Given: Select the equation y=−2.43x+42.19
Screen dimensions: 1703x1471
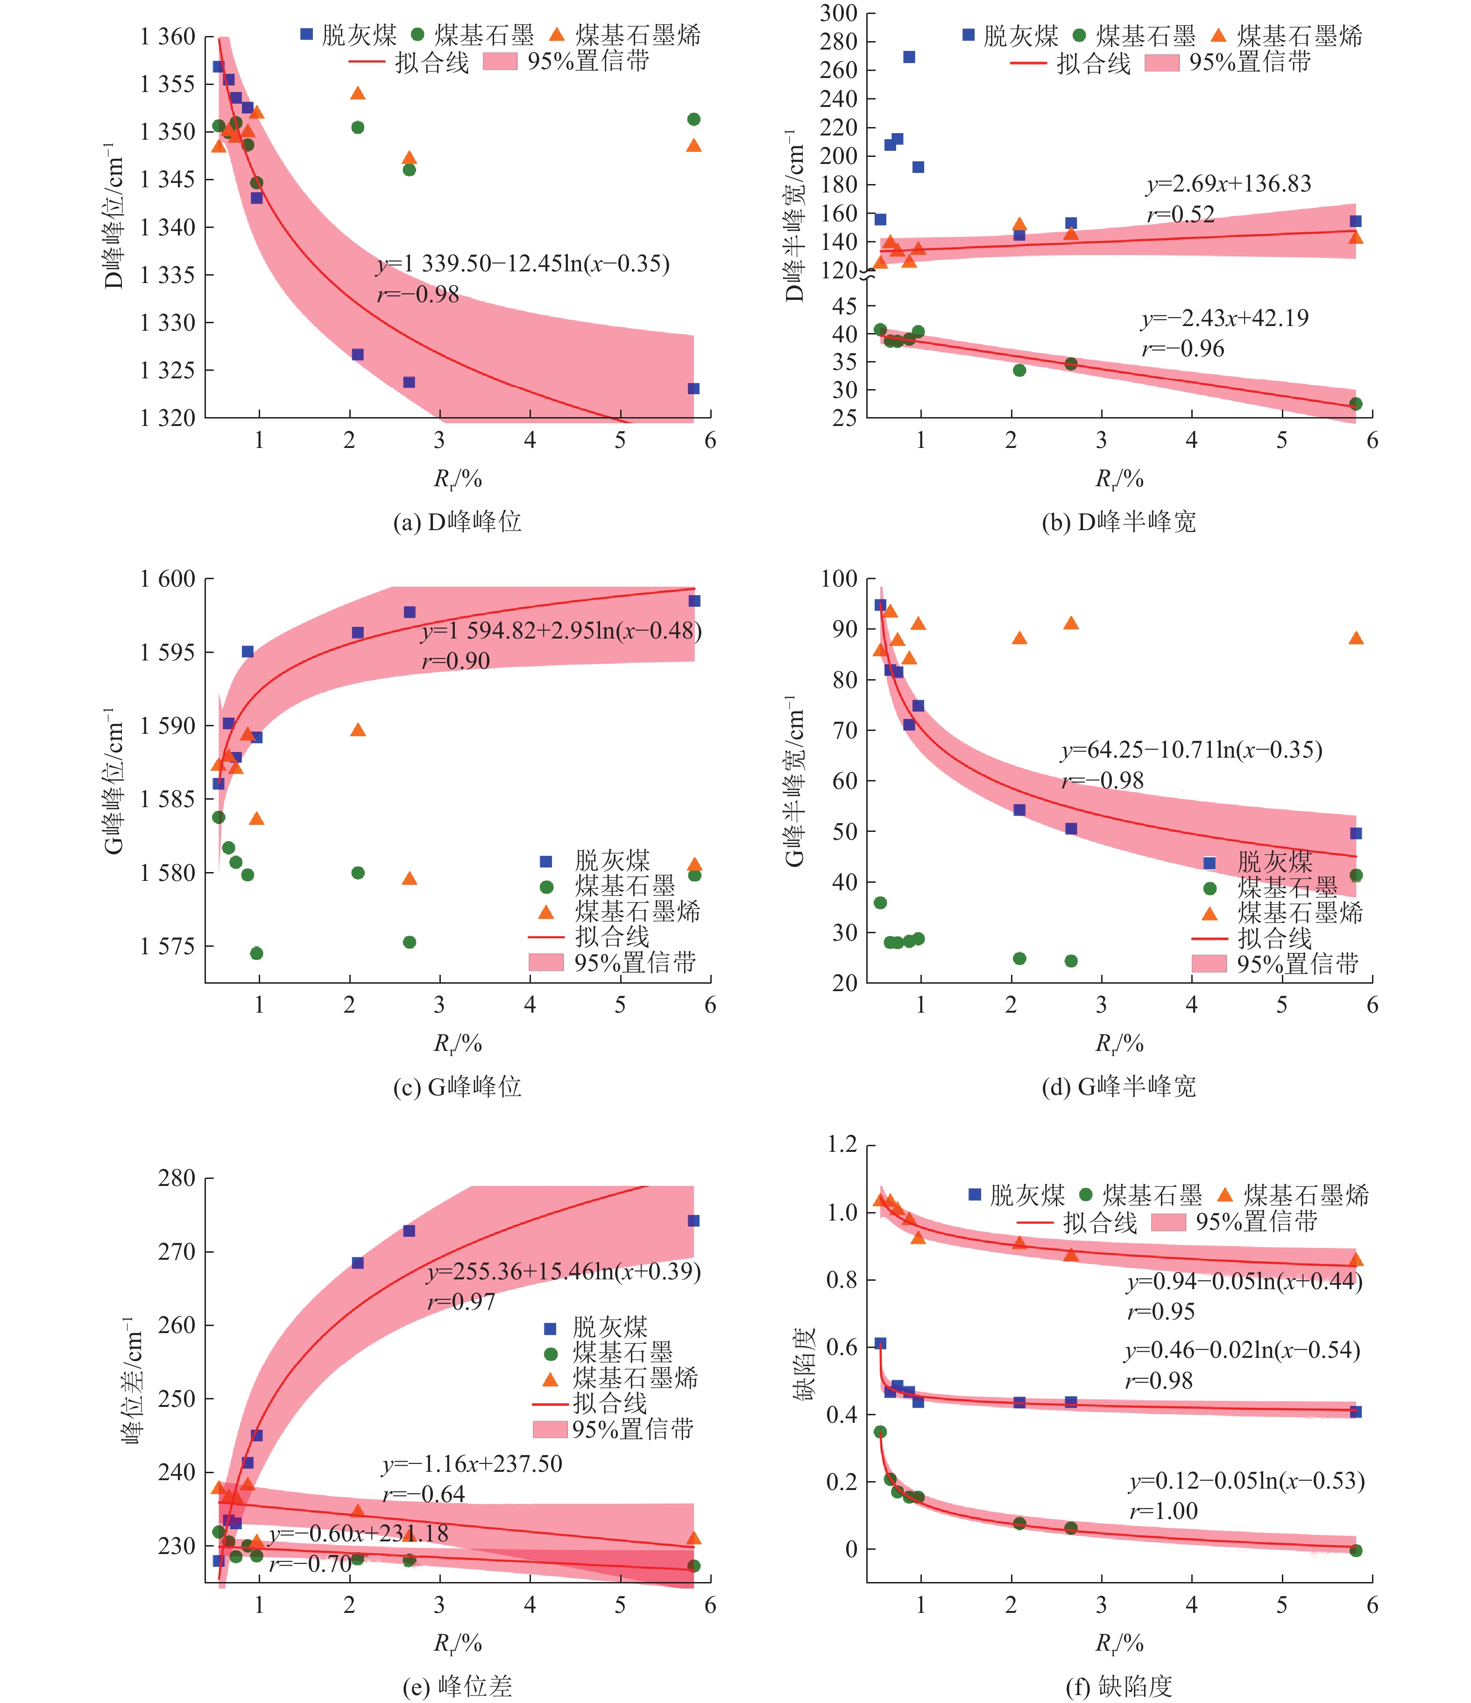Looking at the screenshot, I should coord(1224,318).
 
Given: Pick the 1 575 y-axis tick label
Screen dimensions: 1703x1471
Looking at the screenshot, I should coord(167,946).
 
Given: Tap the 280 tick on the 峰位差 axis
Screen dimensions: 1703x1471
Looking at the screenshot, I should coord(176,1178).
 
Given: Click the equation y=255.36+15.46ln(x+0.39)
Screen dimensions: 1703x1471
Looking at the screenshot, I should coord(564,1271).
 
